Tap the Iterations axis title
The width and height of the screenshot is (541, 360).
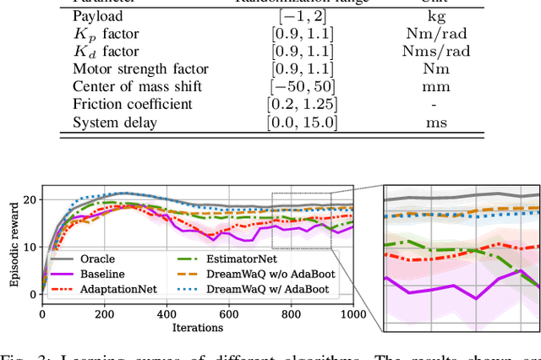198,328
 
